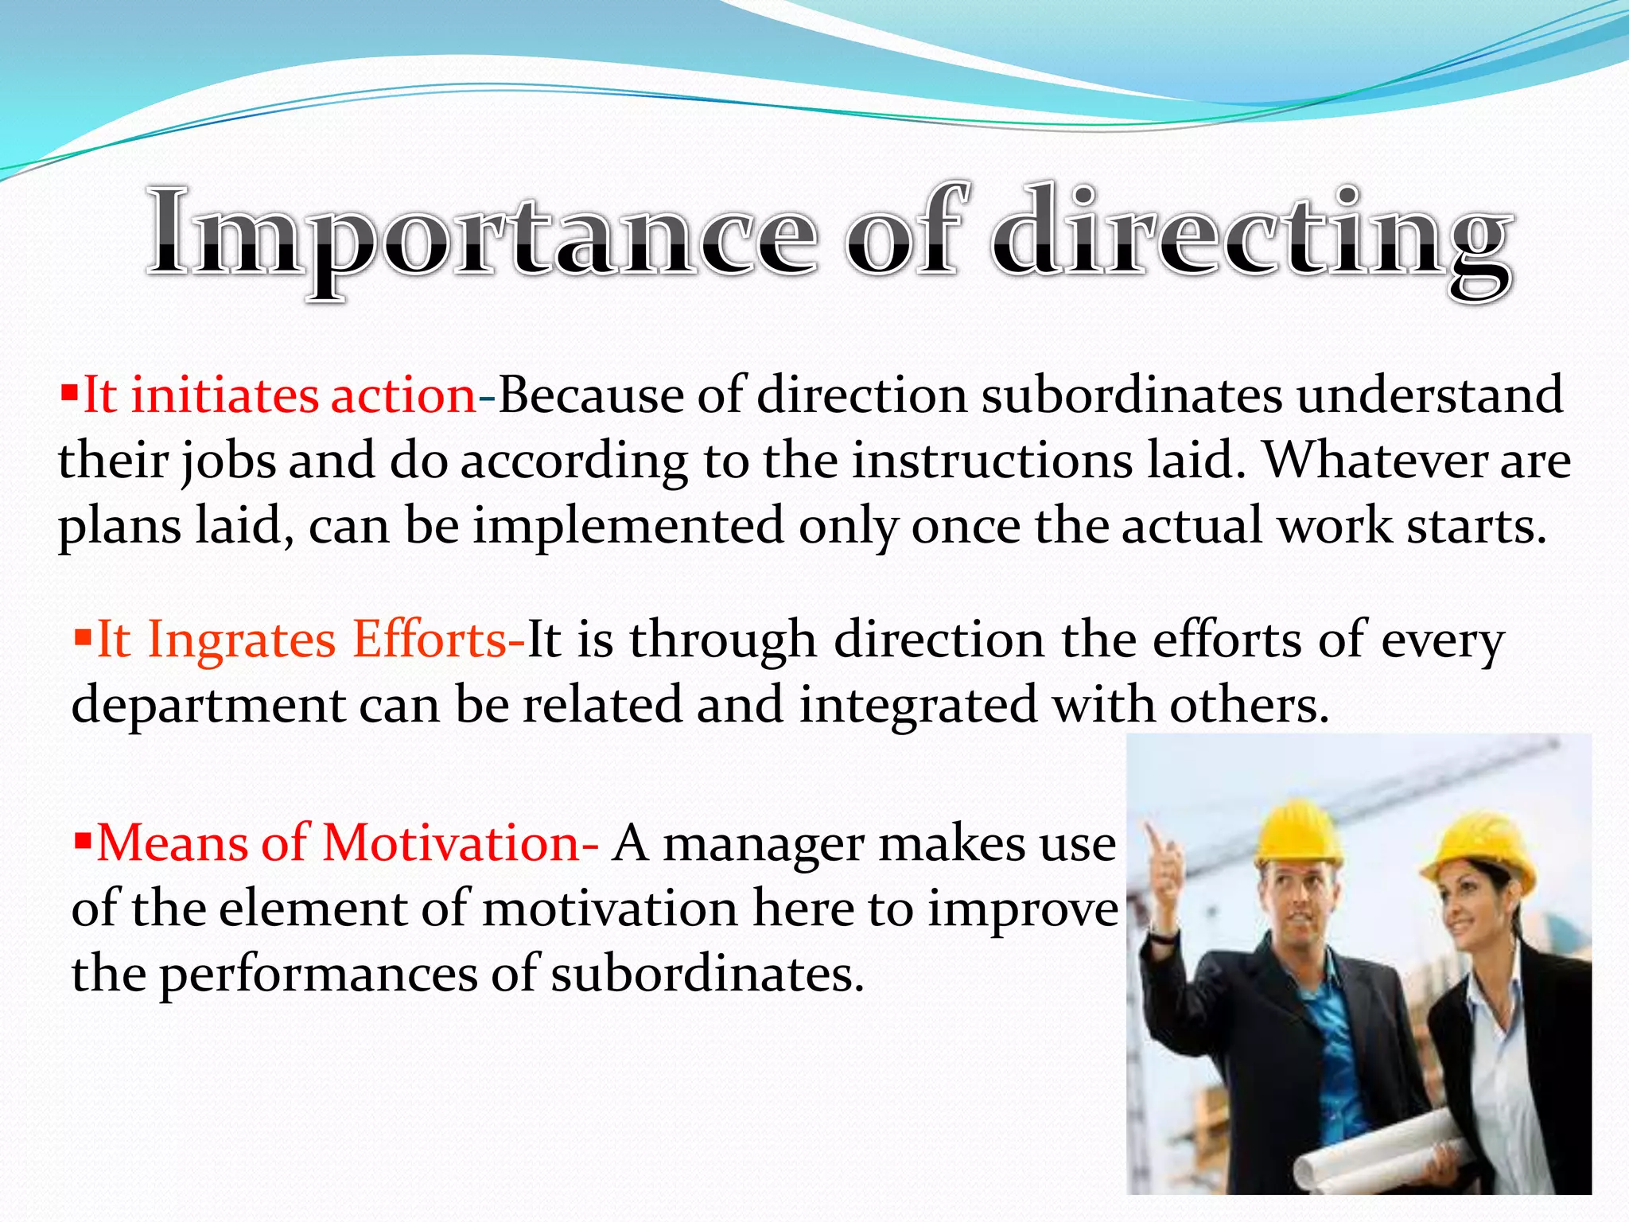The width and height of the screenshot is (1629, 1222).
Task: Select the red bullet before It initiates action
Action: [x=70, y=391]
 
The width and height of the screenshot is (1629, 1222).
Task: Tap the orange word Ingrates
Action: [x=242, y=640]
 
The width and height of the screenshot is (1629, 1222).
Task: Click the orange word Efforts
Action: [x=430, y=640]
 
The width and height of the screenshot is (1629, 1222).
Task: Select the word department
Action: [x=208, y=705]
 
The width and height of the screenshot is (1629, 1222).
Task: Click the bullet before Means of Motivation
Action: [x=83, y=839]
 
